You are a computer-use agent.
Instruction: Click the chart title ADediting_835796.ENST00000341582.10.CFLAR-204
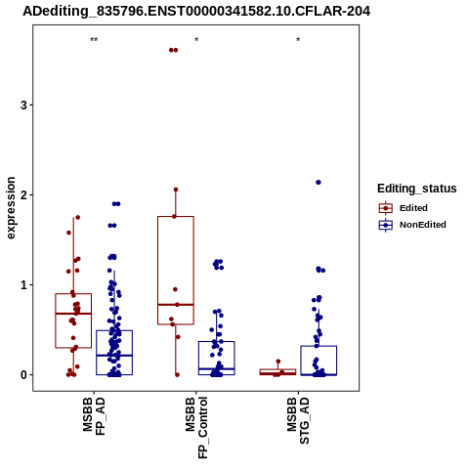pyautogui.click(x=196, y=12)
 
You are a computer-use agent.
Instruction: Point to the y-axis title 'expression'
pyautogui.click(x=11, y=208)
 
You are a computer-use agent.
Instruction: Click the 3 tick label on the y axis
pyautogui.click(x=23, y=106)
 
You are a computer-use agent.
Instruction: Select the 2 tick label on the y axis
pyautogui.click(x=23, y=195)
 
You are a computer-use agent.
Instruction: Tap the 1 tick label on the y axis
pyautogui.click(x=23, y=285)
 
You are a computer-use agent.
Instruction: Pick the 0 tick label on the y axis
pyautogui.click(x=23, y=375)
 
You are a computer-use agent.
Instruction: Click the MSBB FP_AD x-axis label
pyautogui.click(x=94, y=416)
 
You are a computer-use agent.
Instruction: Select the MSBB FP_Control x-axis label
pyautogui.click(x=196, y=428)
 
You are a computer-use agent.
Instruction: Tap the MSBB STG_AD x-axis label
pyautogui.click(x=298, y=420)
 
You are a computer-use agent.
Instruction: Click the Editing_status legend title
pyautogui.click(x=417, y=189)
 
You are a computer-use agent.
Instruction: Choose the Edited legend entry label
pyautogui.click(x=413, y=208)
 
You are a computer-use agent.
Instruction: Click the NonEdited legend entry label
pyautogui.click(x=423, y=225)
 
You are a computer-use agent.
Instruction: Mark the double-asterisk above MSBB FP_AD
pyautogui.click(x=94, y=40)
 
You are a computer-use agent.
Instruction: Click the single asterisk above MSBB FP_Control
pyautogui.click(x=196, y=40)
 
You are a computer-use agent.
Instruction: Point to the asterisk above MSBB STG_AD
pyautogui.click(x=298, y=40)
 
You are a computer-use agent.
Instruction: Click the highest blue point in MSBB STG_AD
pyautogui.click(x=319, y=183)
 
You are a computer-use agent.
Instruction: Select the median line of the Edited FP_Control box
pyautogui.click(x=176, y=305)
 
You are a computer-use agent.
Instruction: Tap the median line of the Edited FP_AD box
pyautogui.click(x=73, y=314)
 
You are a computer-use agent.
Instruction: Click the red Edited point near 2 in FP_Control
pyautogui.click(x=176, y=190)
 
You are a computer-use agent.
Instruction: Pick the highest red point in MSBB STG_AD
pyautogui.click(x=278, y=362)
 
